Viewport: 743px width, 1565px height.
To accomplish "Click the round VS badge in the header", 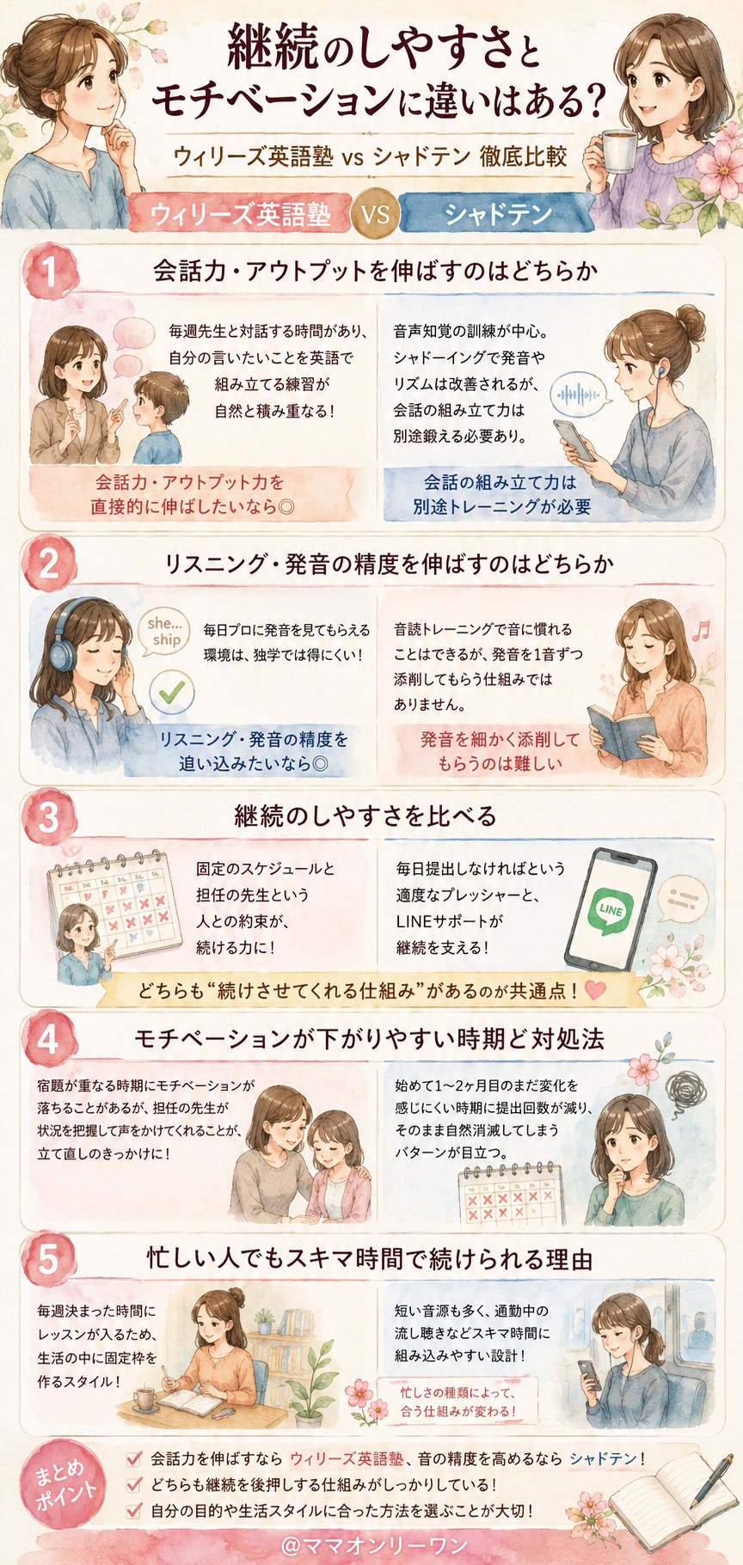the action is pyautogui.click(x=375, y=212).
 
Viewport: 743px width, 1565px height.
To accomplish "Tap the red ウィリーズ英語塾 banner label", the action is pyautogui.click(x=240, y=213).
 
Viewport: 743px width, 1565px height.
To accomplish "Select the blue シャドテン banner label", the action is pyautogui.click(x=497, y=213).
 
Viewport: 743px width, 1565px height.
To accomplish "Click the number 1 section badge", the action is pyautogui.click(x=49, y=272).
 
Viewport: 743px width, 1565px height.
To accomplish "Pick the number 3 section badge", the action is pyautogui.click(x=49, y=816).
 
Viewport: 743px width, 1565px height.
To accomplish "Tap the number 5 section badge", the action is pyautogui.click(x=49, y=1259).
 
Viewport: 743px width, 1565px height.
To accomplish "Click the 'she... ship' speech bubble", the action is pyautogui.click(x=164, y=633).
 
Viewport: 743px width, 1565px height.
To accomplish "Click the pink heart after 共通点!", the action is pyautogui.click(x=594, y=990).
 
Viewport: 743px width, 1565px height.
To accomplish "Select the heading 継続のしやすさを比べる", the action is pyautogui.click(x=365, y=816).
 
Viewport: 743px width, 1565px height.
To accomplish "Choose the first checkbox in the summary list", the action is pyautogui.click(x=133, y=1458).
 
